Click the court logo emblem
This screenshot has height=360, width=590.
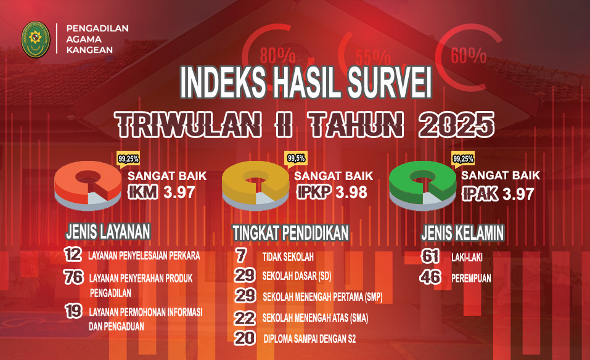pyautogui.click(x=35, y=40)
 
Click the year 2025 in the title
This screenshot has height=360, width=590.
pyautogui.click(x=456, y=125)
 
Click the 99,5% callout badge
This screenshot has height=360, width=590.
pyautogui.click(x=296, y=159)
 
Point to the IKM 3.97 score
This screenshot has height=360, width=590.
pyautogui.click(x=162, y=193)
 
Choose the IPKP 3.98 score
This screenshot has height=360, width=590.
pyautogui.click(x=332, y=193)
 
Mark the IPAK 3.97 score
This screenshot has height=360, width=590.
pyautogui.click(x=498, y=194)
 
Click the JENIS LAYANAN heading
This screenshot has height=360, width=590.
pyautogui.click(x=108, y=232)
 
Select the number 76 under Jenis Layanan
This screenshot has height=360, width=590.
pyautogui.click(x=73, y=277)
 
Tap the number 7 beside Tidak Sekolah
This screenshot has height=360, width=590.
pyautogui.click(x=241, y=255)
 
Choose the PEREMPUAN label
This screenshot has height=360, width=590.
pyautogui.click(x=471, y=279)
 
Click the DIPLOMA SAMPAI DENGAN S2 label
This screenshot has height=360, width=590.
pyautogui.click(x=309, y=339)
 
